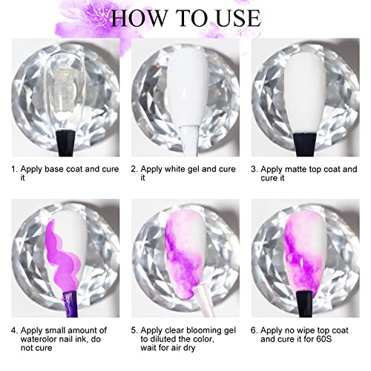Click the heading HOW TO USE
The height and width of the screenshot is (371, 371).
(x=185, y=17)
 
